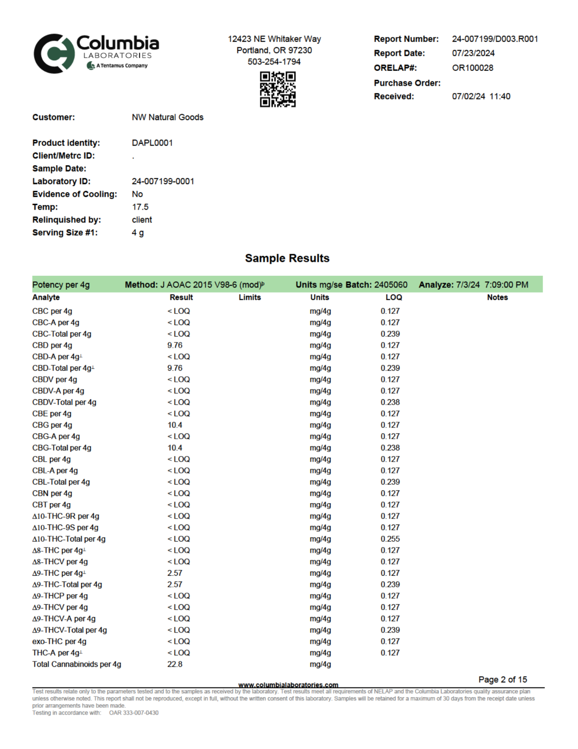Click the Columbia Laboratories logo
point(96,53)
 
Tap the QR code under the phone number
point(278,89)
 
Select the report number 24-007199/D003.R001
point(495,39)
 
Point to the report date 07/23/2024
point(473,53)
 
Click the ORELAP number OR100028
point(472,68)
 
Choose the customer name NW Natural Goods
point(167,117)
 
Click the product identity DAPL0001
point(152,143)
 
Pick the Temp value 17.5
point(140,207)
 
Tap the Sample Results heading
point(287,258)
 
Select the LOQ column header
point(393,298)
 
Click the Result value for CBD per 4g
point(175,345)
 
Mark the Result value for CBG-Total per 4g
point(175,448)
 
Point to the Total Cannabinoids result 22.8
point(175,664)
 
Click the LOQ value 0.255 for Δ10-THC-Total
point(390,539)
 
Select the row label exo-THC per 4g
point(59,641)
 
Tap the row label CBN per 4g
point(52,494)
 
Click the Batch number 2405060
point(391,285)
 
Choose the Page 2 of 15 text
point(503,680)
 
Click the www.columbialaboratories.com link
point(288,685)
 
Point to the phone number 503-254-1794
point(274,62)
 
